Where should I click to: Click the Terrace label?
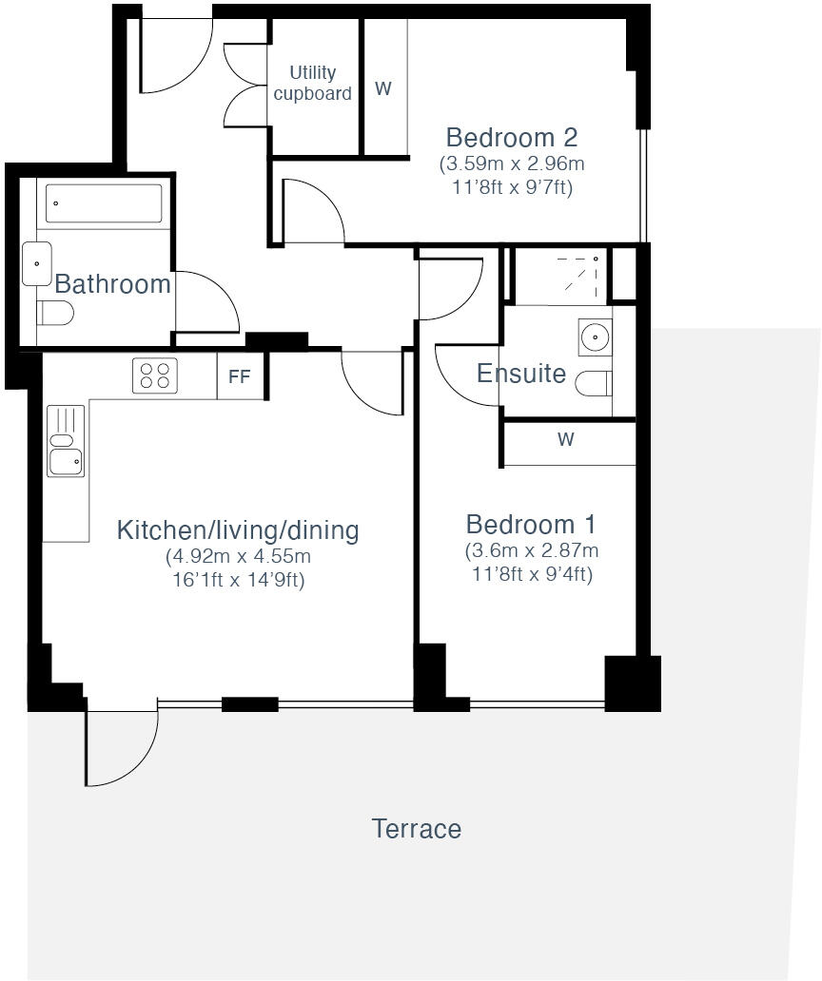(416, 829)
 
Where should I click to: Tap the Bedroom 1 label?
(531, 525)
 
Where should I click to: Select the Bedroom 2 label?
(512, 138)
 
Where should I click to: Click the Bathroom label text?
(112, 283)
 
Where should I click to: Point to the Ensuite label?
(521, 374)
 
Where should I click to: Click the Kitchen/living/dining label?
(238, 530)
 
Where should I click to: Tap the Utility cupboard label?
(312, 84)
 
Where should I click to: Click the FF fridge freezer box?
(240, 376)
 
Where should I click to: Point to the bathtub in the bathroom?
(103, 203)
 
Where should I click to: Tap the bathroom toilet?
(55, 313)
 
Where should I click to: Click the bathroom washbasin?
(37, 263)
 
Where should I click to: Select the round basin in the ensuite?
(595, 337)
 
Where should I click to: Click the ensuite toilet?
(596, 383)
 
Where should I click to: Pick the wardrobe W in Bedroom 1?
(567, 439)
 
